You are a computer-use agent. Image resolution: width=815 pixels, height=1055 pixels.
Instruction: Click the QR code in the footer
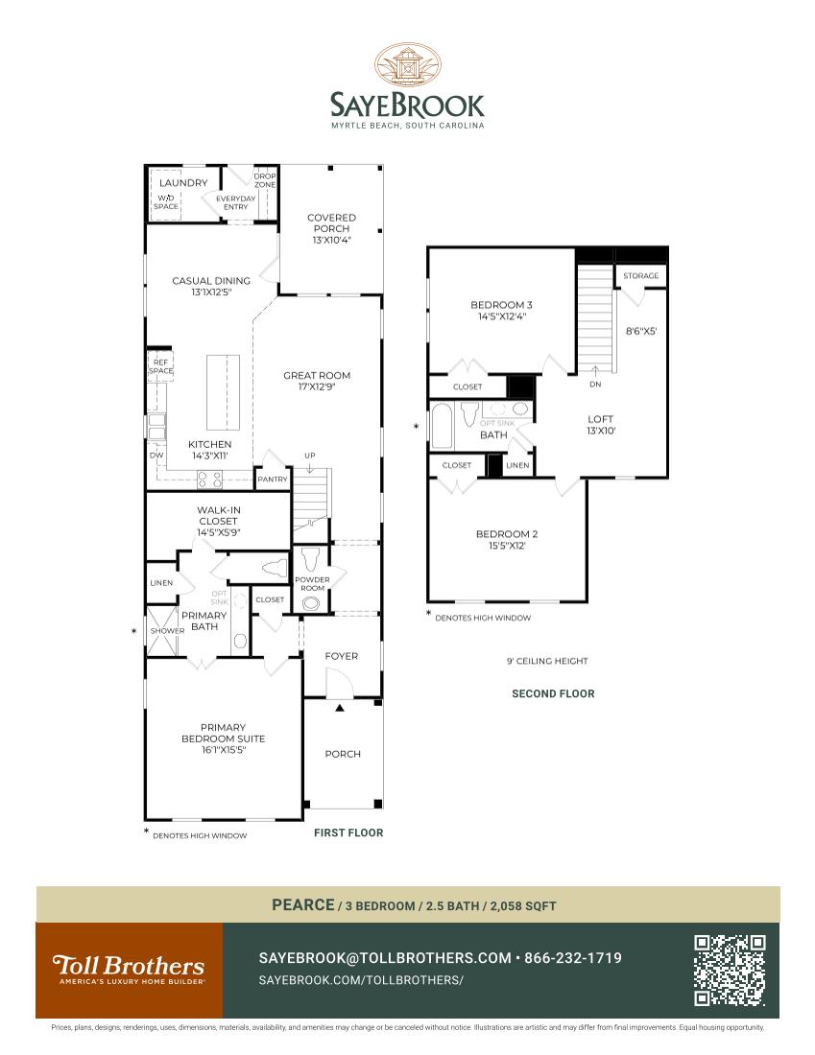(x=730, y=971)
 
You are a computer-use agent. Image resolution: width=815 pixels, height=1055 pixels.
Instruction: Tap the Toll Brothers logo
(x=129, y=970)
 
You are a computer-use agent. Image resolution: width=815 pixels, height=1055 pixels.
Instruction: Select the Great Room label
(x=317, y=381)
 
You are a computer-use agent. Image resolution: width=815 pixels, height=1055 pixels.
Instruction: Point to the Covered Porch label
(x=331, y=229)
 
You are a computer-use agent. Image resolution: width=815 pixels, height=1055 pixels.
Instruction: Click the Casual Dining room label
(x=211, y=286)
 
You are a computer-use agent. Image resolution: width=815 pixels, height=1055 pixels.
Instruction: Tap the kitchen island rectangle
(x=224, y=393)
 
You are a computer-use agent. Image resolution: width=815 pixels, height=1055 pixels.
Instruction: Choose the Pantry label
(x=272, y=480)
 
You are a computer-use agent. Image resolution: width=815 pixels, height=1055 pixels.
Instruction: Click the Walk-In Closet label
(x=218, y=521)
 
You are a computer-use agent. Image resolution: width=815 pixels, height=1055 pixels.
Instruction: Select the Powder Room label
(x=312, y=584)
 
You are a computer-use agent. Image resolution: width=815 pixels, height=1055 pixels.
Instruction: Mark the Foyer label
(x=341, y=656)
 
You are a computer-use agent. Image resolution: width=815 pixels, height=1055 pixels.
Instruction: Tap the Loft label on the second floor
(x=602, y=425)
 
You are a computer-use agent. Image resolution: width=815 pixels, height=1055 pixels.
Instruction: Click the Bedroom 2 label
(x=507, y=540)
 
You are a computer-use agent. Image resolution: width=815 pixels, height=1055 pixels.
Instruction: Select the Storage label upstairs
(x=641, y=276)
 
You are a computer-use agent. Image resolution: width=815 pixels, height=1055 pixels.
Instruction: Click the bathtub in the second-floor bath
(x=443, y=427)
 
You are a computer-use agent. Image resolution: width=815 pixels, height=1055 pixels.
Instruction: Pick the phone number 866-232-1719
(x=573, y=958)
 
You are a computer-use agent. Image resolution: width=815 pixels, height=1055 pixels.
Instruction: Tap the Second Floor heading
(x=553, y=693)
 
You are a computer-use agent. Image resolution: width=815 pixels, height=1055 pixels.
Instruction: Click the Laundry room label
(x=183, y=183)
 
